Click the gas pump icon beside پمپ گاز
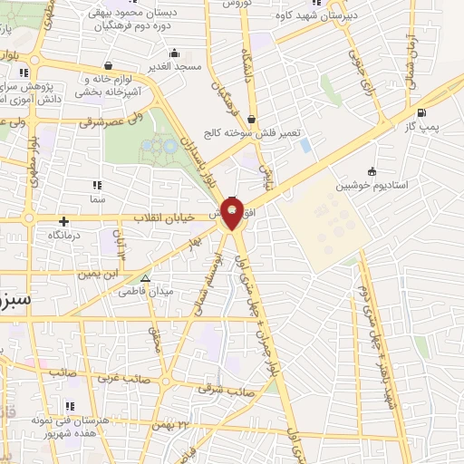point(421,113)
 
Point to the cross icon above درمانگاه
point(63,221)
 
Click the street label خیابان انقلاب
point(165,218)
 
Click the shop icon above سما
point(96,185)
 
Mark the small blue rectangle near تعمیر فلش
point(305,145)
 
